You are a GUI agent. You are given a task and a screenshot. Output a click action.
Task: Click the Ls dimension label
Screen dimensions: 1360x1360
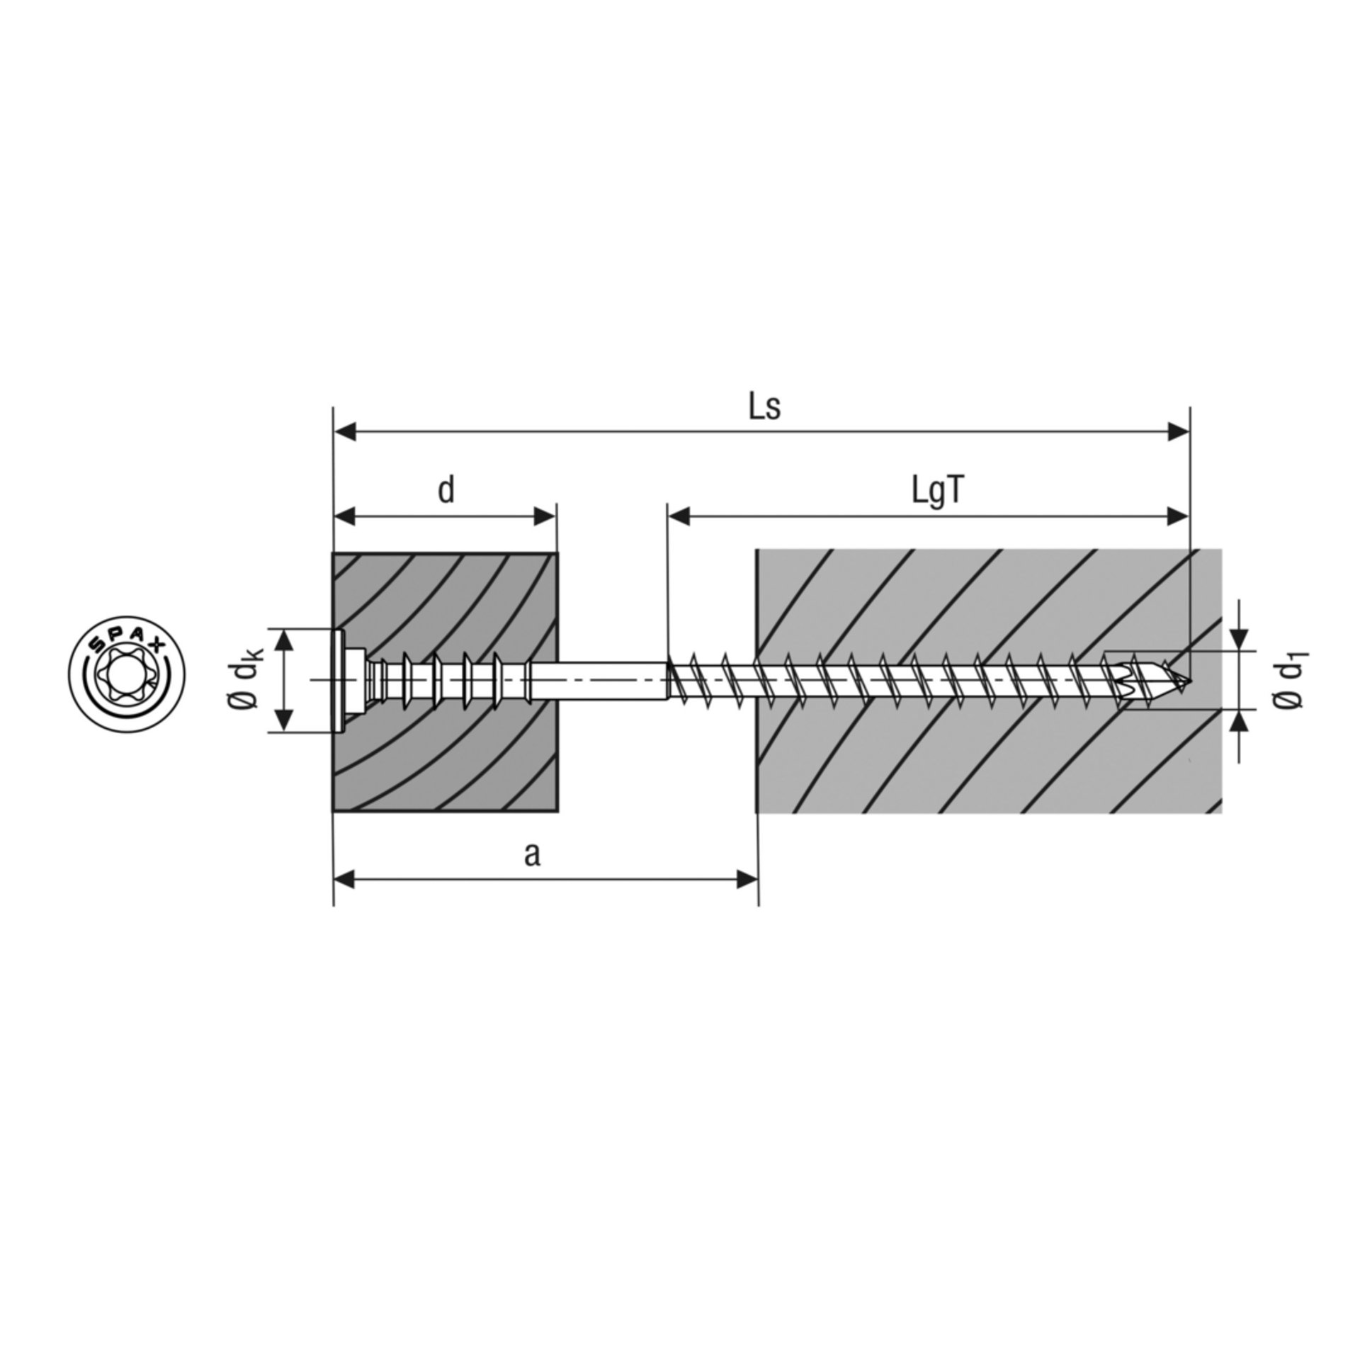click(x=765, y=408)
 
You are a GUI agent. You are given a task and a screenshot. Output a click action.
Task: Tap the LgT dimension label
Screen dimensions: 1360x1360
click(x=938, y=492)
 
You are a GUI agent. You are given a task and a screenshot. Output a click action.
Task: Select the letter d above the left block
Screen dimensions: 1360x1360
click(x=446, y=490)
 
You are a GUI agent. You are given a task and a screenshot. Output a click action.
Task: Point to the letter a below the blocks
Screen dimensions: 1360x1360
click(x=532, y=855)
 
